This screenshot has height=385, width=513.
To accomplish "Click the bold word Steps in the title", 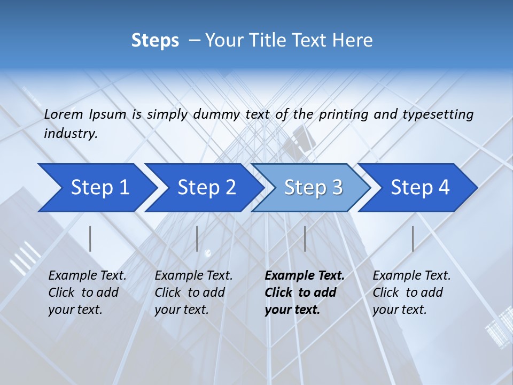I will pyautogui.click(x=155, y=41).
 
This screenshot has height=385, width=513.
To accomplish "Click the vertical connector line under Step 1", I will pyautogui.click(x=90, y=238).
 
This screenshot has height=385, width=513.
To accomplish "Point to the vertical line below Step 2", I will pyautogui.click(x=197, y=238).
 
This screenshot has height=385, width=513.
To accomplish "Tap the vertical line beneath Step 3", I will pyautogui.click(x=305, y=238).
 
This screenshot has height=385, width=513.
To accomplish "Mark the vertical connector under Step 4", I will pyautogui.click(x=413, y=238).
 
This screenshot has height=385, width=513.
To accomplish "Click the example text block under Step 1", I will pyautogui.click(x=87, y=292).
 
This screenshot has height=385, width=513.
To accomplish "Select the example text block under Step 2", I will pyautogui.click(x=193, y=292).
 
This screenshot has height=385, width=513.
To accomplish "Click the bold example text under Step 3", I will pyautogui.click(x=304, y=292).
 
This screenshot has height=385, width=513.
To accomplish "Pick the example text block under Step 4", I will pyautogui.click(x=411, y=292).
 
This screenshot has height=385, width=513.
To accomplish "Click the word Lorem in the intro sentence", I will pyautogui.click(x=64, y=114).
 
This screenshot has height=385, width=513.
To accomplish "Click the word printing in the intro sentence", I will pyautogui.click(x=343, y=114).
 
